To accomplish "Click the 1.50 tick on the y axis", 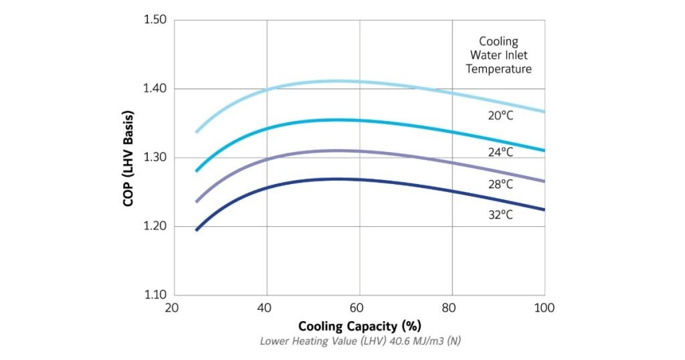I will pos(155,20).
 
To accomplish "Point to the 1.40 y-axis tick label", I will pos(155,89).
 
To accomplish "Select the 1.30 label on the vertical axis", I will pos(155,158).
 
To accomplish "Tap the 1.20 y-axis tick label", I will pos(155,227).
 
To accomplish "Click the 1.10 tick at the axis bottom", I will pos(155,295).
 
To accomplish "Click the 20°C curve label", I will pos(500,116).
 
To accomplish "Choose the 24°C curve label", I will pos(500,152).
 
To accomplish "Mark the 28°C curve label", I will pos(500,183).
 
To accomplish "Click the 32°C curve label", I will pos(500,215).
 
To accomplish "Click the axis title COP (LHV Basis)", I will pos(128,157).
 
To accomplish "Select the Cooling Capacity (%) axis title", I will pos(359,327).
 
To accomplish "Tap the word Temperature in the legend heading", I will pos(499,69).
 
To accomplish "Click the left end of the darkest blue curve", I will pos(196,230).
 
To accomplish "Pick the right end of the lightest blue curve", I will pos(544,112).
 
